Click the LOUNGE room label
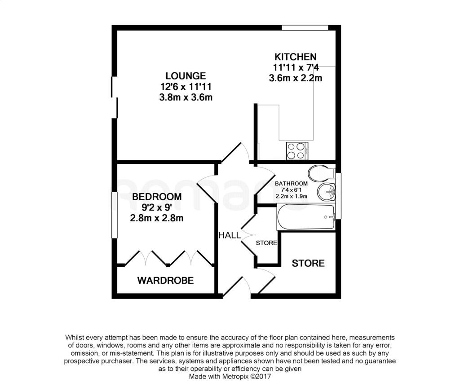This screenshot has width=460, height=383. tap(186, 76)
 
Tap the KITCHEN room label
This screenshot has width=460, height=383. tap(296, 57)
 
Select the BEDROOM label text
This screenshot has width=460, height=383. tap(157, 197)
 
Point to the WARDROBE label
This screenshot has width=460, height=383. tap(165, 280)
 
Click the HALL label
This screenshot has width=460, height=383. tap(230, 235)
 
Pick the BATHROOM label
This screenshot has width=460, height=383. tap(291, 184)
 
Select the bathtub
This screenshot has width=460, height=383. tap(306, 217)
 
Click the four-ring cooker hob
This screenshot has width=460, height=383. tap(297, 151)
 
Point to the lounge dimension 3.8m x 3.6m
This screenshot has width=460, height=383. tap(186, 97)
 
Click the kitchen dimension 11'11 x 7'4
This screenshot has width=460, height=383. tap(296, 67)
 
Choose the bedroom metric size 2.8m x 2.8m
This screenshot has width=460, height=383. tap(157, 218)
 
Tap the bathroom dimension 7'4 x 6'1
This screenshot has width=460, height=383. tap(291, 190)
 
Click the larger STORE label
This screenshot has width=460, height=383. tap(308, 264)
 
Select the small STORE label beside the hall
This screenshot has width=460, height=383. tap(266, 243)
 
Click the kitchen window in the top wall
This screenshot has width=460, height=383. tap(305, 28)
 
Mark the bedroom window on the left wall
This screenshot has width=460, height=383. tap(115, 215)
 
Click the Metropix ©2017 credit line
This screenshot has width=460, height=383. tap(230, 376)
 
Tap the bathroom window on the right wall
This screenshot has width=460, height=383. tap(339, 196)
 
